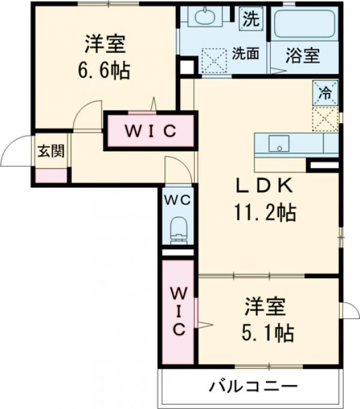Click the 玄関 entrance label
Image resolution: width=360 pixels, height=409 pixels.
[x=51, y=152]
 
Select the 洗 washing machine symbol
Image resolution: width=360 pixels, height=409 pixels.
[x=251, y=19]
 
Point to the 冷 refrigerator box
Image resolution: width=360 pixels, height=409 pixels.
[x=325, y=92]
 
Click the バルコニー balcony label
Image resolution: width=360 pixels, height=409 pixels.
[x=253, y=385]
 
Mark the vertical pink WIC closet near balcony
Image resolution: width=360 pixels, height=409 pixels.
[x=178, y=312]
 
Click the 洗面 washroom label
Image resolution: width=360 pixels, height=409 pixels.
[x=245, y=53]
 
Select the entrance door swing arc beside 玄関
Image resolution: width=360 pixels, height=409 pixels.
[x=15, y=151]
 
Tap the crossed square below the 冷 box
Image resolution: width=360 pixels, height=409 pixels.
[x=325, y=118]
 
